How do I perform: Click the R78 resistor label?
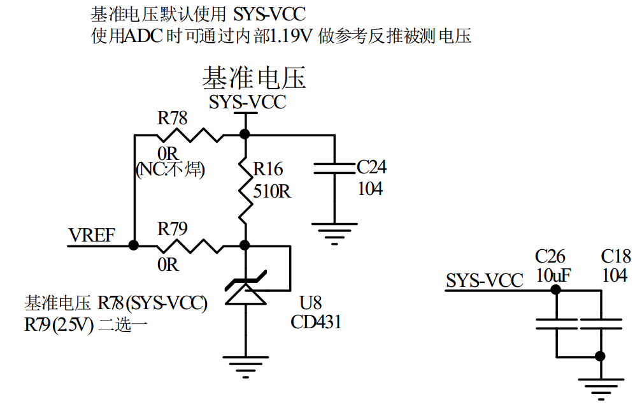click(173, 118)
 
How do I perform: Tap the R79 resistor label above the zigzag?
click(173, 228)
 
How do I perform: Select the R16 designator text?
click(267, 169)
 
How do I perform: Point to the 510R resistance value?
click(272, 191)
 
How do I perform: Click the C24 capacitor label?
click(371, 168)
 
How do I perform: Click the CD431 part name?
click(316, 322)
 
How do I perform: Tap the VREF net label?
click(92, 236)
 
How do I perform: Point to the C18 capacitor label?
click(616, 257)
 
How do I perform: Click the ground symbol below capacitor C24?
click(334, 233)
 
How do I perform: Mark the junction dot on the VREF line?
click(134, 245)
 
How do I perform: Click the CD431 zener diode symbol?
click(244, 290)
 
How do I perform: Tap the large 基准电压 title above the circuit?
click(253, 78)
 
